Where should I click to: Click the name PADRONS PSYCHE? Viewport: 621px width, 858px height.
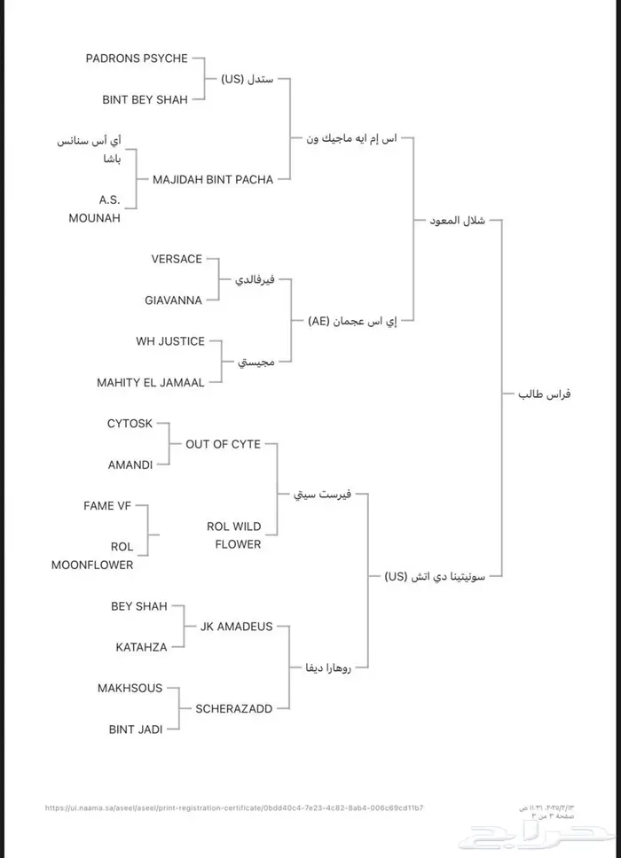137,58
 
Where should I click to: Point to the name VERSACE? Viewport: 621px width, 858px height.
177,259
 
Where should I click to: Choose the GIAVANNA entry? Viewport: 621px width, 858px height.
174,300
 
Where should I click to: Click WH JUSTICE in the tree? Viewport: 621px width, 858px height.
170,341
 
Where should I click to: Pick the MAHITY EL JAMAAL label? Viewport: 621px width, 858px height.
151,383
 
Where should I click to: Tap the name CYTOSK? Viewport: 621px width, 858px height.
130,424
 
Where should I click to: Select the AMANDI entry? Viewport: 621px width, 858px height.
130,464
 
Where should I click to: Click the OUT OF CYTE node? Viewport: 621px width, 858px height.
223,444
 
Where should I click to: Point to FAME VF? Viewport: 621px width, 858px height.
113,506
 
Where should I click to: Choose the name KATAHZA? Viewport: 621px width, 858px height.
141,647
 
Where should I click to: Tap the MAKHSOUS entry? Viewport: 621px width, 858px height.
130,688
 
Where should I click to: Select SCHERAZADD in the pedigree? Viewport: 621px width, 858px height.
233,708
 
